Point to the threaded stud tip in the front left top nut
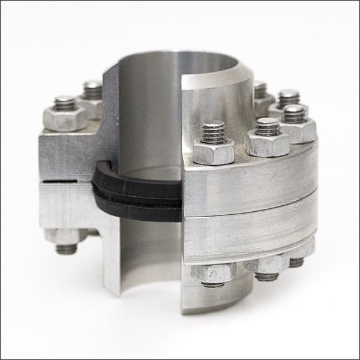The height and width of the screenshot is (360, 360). tap(64, 103)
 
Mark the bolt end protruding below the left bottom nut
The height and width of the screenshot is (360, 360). tap(66, 248)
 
